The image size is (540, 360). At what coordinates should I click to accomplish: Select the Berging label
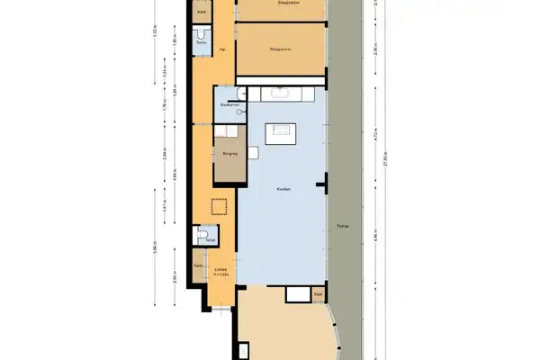click(x=229, y=154)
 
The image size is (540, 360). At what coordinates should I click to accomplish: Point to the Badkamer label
click(x=228, y=105)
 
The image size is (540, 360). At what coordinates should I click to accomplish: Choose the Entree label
click(x=220, y=269)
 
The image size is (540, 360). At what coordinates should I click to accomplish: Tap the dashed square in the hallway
click(x=218, y=207)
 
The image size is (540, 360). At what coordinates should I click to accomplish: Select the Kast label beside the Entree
click(x=198, y=265)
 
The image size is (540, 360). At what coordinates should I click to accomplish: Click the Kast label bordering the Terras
click(x=318, y=294)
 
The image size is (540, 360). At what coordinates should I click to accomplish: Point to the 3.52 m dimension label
click(x=155, y=36)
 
